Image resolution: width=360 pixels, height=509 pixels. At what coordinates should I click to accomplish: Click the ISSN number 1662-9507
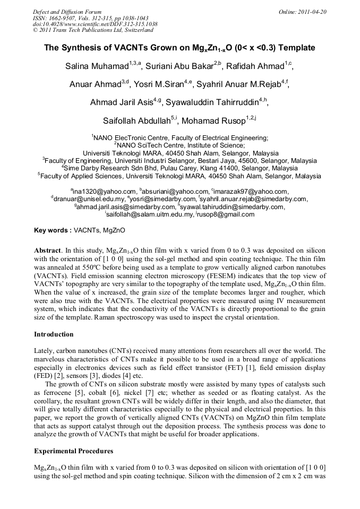click(63, 18)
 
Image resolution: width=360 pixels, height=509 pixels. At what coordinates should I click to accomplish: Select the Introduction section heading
click(54, 334)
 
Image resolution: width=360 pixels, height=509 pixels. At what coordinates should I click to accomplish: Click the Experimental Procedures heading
click(73, 451)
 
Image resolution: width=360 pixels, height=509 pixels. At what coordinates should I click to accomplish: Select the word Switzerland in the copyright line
click(135, 30)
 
